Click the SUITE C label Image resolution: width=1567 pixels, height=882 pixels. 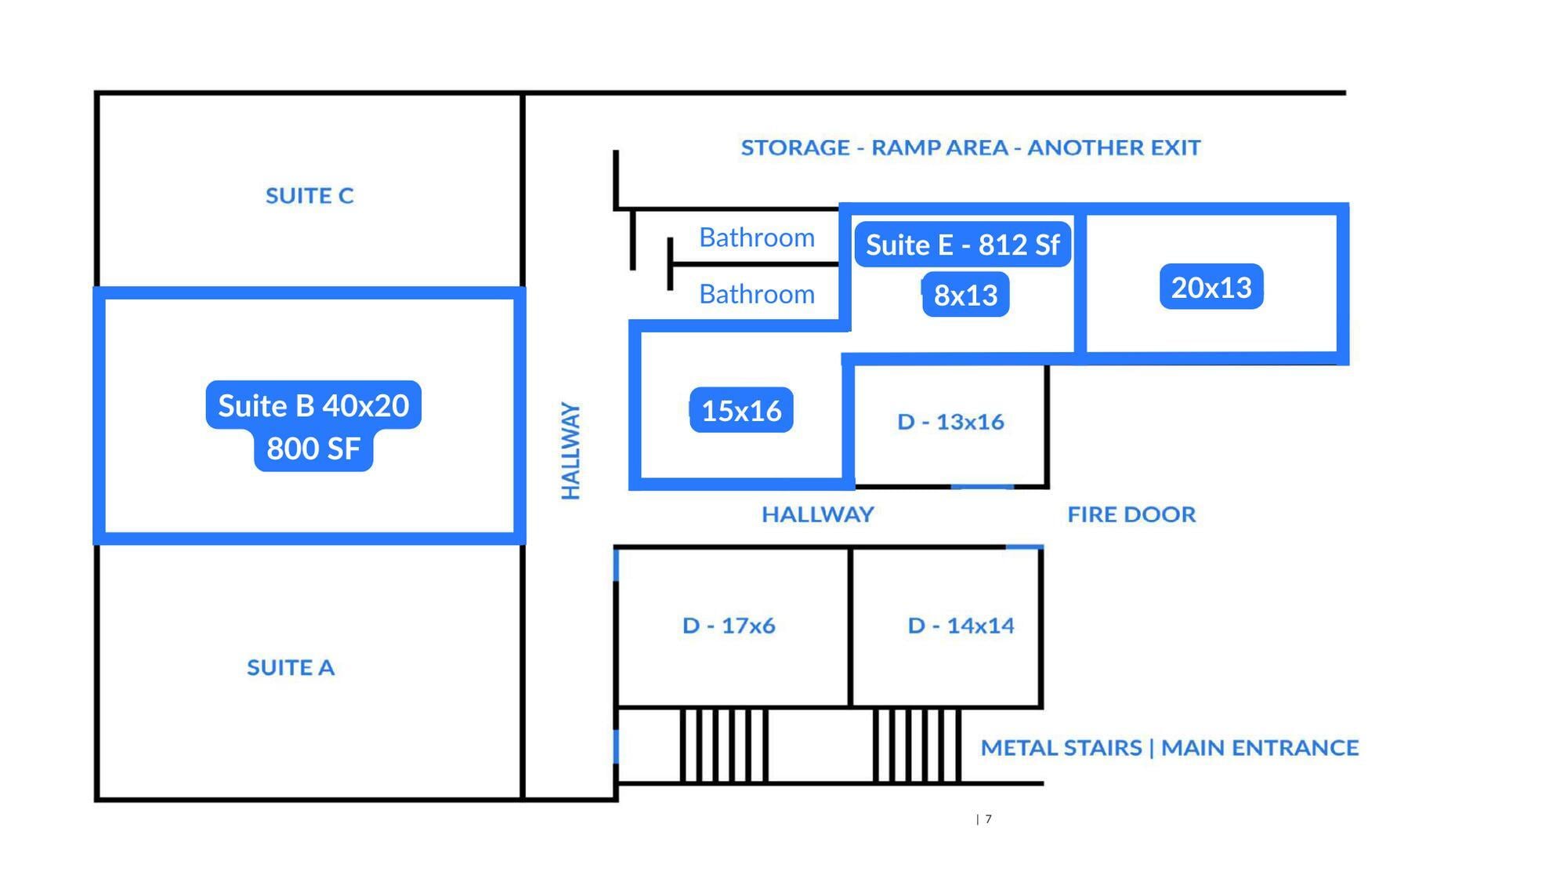tap(309, 195)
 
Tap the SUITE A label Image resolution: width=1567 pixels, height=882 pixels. tap(291, 667)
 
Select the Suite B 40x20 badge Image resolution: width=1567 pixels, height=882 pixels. tap(313, 405)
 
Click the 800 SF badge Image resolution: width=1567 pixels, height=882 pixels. tap(313, 449)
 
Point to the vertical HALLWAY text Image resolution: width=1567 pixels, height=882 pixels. tap(571, 451)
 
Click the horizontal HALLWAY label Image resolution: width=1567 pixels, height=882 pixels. tap(817, 514)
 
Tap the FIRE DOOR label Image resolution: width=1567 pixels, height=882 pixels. tap(1131, 514)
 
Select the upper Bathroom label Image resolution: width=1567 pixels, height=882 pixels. tap(757, 238)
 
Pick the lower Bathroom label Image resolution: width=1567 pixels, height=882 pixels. tap(757, 294)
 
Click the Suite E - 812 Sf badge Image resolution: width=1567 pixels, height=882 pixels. tap(962, 245)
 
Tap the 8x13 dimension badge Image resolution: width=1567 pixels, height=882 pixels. tap(965, 295)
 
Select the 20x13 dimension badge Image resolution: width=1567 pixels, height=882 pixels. tap(1211, 287)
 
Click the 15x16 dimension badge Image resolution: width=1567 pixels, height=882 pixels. tap(741, 410)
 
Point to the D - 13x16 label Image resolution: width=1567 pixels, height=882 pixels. tap(950, 422)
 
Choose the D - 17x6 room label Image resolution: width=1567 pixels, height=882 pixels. tap(729, 626)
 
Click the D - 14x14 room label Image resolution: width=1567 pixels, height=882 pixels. tap(961, 626)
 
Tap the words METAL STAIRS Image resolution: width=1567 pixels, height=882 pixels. tap(1061, 748)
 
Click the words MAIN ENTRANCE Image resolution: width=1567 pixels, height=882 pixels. tap(1260, 748)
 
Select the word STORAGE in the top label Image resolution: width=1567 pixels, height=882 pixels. tap(795, 147)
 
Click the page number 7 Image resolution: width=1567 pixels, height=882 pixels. tap(989, 819)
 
